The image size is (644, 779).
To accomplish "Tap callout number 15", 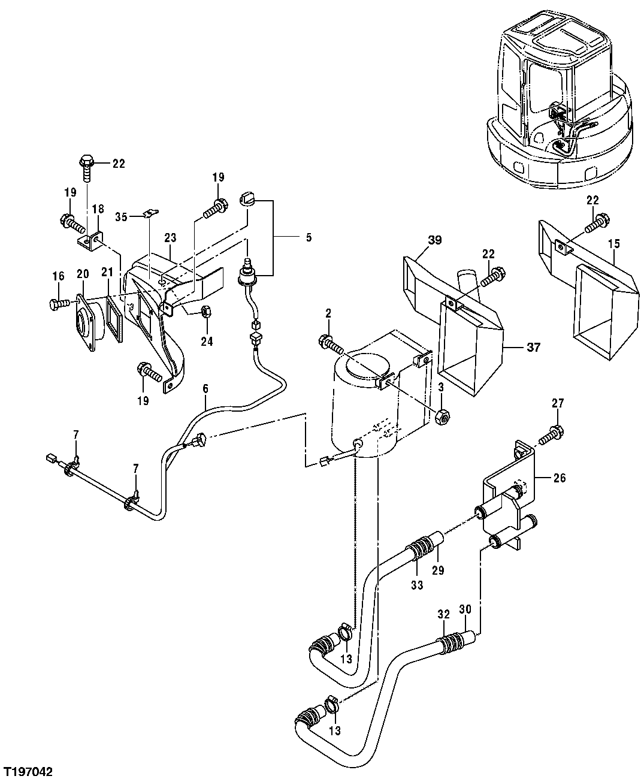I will tap(613, 244).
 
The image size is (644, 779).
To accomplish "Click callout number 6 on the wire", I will tap(205, 389).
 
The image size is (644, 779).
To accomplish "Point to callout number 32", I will tap(443, 614).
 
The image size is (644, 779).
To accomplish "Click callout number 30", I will tap(465, 609).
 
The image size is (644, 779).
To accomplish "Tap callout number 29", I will tap(439, 570).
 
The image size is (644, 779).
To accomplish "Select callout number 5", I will tap(309, 237).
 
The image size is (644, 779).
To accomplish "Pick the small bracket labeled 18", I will tap(90, 241).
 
